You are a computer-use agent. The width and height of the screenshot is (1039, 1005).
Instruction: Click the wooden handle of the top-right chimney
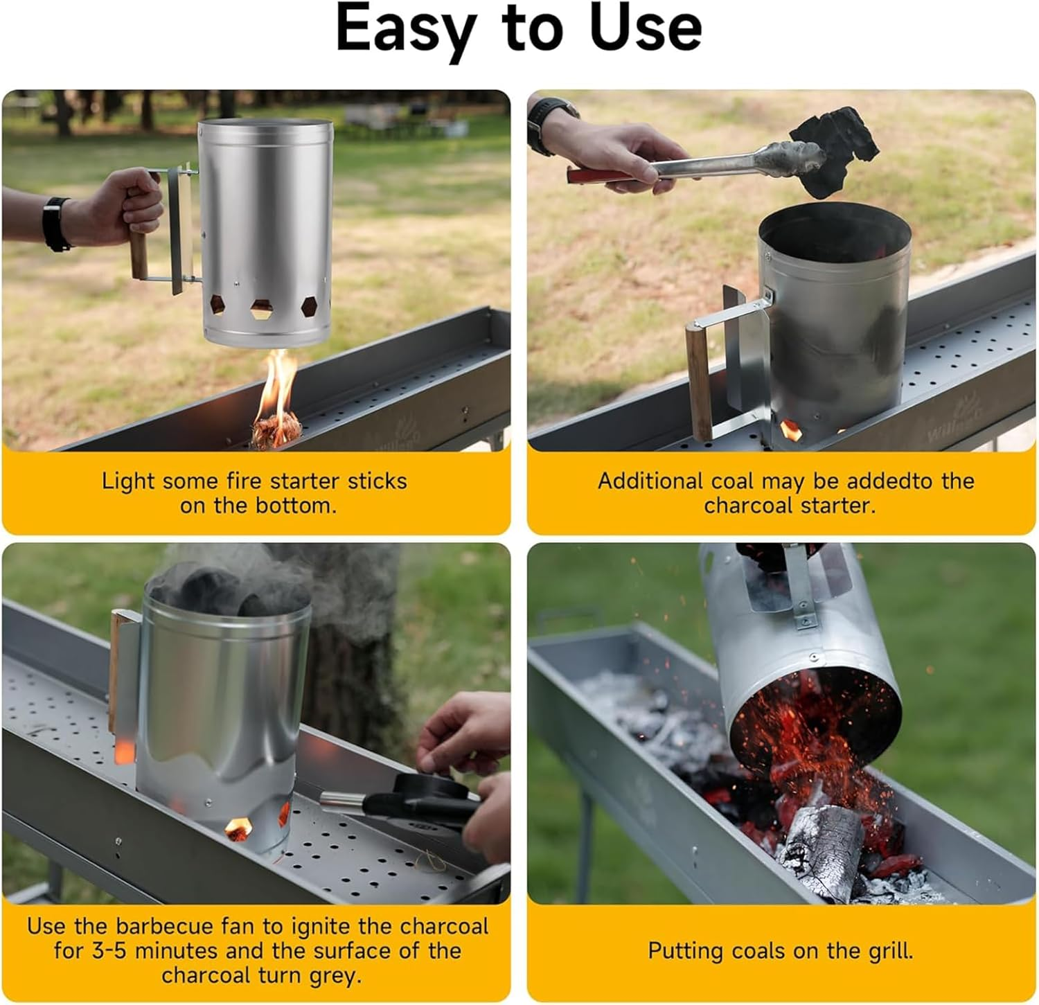coord(699,381)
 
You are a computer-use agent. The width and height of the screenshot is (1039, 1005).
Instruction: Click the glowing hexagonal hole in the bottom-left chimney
coord(239,827)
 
